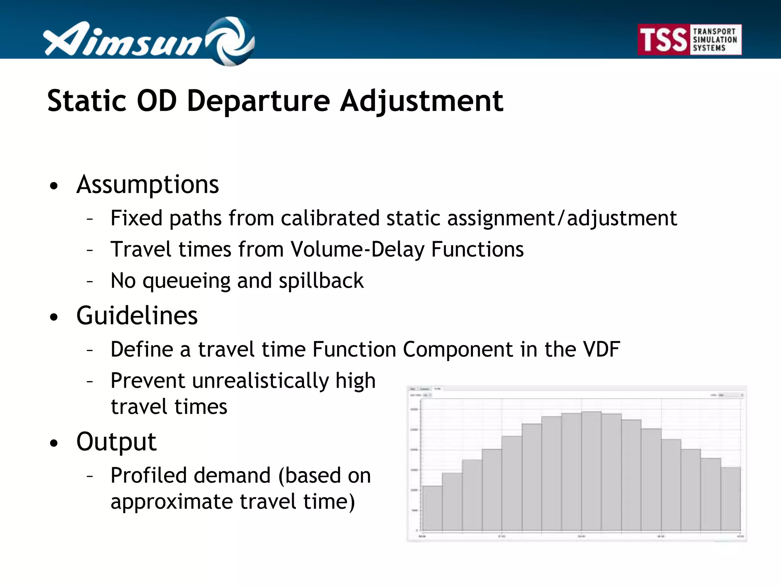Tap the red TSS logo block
click(x=663, y=40)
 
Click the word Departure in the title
click(x=258, y=101)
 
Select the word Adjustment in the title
click(x=421, y=101)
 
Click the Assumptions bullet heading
click(x=148, y=185)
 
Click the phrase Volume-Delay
click(x=357, y=250)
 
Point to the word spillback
click(x=321, y=281)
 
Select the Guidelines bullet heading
click(x=137, y=316)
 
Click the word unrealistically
click(x=260, y=381)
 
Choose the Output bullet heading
click(x=116, y=442)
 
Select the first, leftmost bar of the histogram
click(x=432, y=508)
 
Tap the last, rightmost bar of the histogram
click(x=730, y=499)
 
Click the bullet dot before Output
click(x=54, y=443)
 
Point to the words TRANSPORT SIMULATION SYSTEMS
click(x=714, y=40)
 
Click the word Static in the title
click(x=87, y=101)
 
